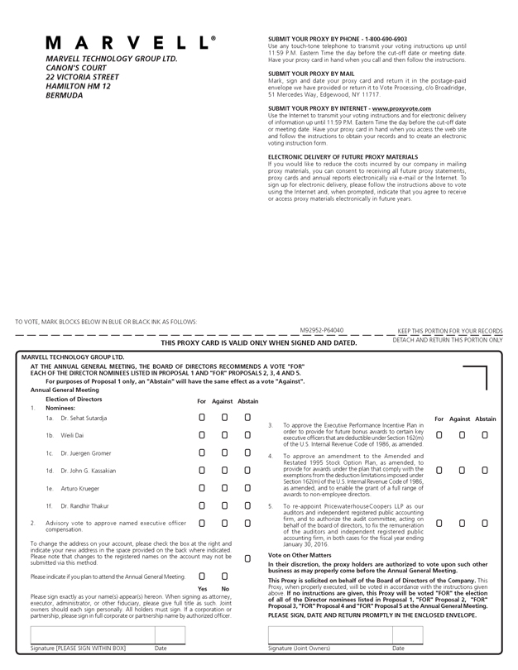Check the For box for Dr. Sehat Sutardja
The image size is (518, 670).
202,419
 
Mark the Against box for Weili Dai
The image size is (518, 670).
224,435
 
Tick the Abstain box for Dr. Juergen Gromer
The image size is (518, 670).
247,453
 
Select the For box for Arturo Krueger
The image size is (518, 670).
202,488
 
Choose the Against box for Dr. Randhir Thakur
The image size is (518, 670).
224,505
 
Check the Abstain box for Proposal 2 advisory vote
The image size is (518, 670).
247,524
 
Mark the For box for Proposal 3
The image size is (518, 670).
439,434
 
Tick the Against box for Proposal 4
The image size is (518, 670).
462,470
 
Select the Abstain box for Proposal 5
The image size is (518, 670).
485,523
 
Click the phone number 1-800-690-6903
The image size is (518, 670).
385,39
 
